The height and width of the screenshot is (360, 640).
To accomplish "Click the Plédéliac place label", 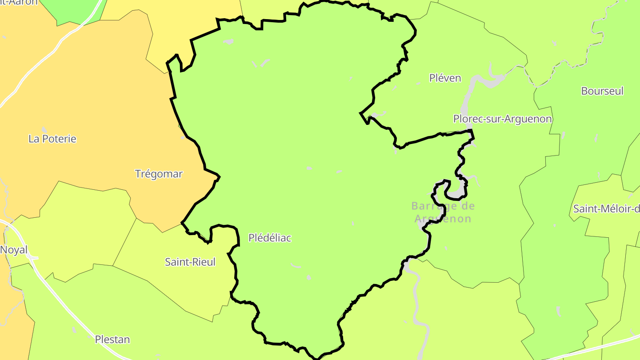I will pyautogui.click(x=270, y=238).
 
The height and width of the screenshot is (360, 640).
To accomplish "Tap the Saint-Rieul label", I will pyautogui.click(x=190, y=262).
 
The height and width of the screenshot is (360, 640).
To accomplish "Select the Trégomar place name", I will pyautogui.click(x=159, y=174).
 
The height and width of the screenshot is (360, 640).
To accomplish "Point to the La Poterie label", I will pyautogui.click(x=52, y=139).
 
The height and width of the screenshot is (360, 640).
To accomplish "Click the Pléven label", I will pyautogui.click(x=445, y=78).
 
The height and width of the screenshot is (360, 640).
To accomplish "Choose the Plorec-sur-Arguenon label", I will pyautogui.click(x=502, y=119).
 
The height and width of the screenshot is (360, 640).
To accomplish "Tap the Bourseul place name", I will pyautogui.click(x=602, y=91).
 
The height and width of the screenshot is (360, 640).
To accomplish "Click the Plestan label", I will pyautogui.click(x=112, y=340).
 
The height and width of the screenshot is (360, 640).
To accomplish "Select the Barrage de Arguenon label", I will pyautogui.click(x=443, y=212).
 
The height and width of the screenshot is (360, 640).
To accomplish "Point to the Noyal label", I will pyautogui.click(x=14, y=250).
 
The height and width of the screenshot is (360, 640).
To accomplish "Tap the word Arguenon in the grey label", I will pyautogui.click(x=443, y=219).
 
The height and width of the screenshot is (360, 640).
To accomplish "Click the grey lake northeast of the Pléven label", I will pyautogui.click(x=489, y=80).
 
